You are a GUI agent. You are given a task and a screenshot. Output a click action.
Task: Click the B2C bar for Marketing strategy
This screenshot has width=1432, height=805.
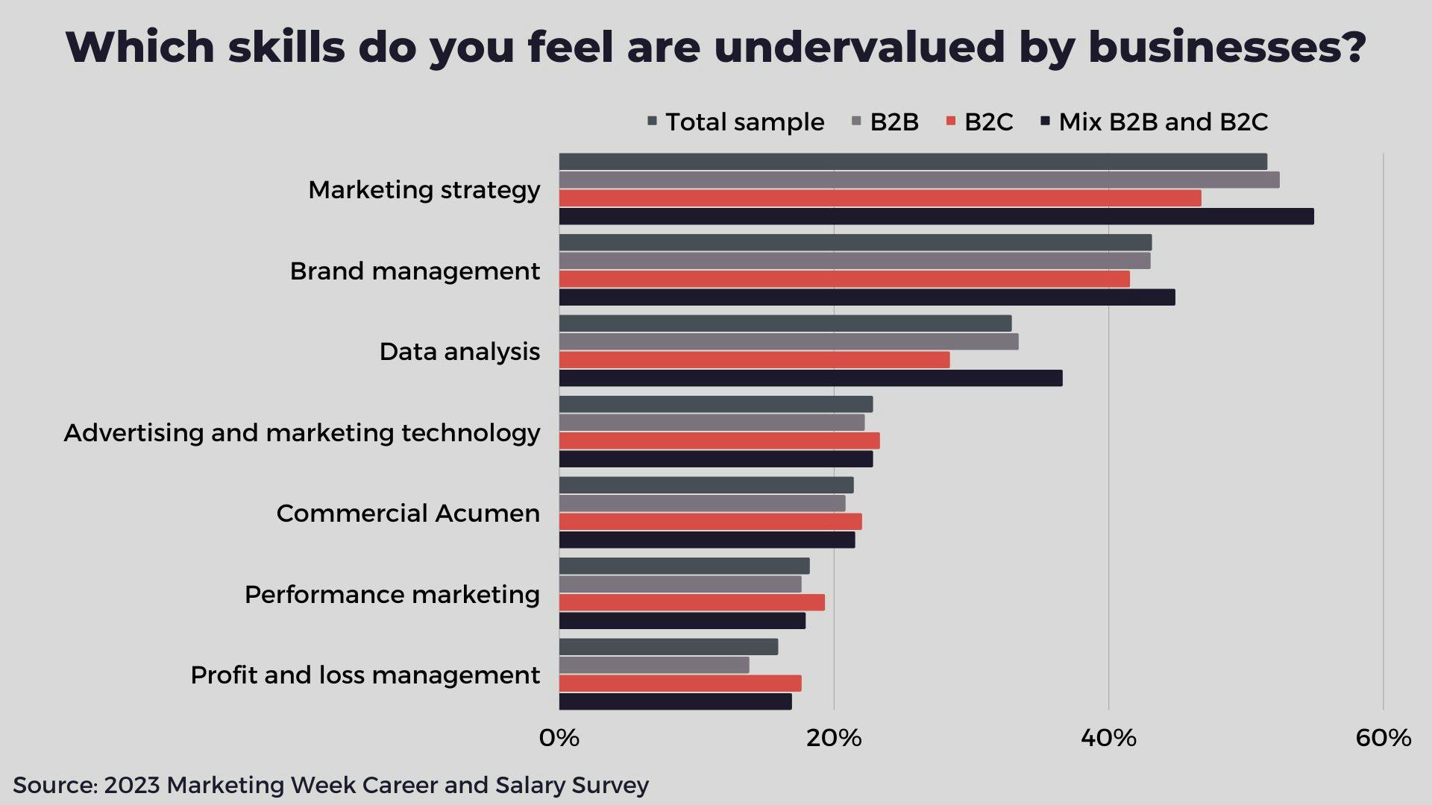click(880, 198)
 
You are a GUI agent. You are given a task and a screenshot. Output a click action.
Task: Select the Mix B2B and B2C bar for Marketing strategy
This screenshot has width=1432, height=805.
click(936, 216)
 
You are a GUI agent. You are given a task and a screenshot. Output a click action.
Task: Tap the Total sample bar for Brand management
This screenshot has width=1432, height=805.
click(855, 242)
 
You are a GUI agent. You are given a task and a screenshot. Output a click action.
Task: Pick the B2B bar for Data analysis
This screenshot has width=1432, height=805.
click(788, 341)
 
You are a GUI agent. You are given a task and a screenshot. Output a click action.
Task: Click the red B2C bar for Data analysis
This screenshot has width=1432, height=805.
click(754, 360)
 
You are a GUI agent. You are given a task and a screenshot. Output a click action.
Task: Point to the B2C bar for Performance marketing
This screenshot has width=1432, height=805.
click(691, 602)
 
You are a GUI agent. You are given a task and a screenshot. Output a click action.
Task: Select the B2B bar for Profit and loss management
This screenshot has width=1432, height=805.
click(654, 665)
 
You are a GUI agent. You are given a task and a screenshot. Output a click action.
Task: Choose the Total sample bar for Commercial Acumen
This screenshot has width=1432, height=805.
click(706, 485)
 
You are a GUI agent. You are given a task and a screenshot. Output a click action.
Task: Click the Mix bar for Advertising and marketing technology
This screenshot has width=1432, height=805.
click(716, 459)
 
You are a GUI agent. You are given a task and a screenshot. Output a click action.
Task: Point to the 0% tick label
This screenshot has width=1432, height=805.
click(559, 738)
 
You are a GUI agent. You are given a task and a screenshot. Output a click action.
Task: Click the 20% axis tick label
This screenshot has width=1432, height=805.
click(834, 738)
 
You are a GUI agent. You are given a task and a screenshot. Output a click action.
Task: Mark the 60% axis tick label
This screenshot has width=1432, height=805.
click(1383, 738)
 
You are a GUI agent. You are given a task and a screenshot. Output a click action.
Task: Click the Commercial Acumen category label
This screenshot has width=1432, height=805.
click(408, 514)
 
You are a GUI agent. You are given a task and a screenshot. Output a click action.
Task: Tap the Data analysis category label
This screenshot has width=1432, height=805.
click(459, 352)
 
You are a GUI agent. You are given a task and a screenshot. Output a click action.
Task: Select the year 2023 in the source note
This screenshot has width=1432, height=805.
click(132, 785)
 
